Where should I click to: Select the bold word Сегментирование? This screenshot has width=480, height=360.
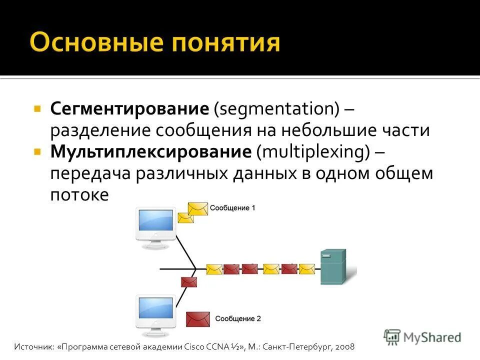[129, 108]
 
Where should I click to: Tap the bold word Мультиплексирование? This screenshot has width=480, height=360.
[150, 151]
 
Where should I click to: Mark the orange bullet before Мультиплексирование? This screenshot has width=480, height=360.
[37, 151]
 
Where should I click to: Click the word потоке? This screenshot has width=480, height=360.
[79, 194]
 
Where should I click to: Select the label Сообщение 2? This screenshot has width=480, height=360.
[238, 318]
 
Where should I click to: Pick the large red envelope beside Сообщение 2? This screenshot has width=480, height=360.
[197, 318]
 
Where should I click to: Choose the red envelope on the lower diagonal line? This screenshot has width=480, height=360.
[189, 281]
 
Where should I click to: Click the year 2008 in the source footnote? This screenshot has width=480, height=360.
[345, 346]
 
